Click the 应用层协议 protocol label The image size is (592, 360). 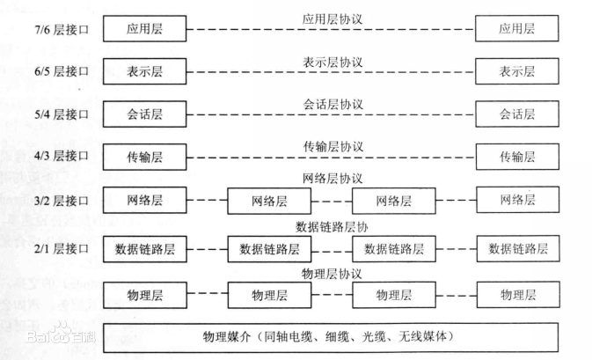[332, 18]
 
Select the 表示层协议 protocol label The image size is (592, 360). [332, 62]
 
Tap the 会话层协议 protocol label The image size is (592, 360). [332, 104]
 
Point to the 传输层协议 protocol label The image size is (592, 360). [332, 146]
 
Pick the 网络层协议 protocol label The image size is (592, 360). [332, 179]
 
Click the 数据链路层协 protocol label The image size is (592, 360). [332, 226]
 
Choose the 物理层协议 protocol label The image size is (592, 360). [332, 274]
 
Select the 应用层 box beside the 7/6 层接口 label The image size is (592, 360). [145, 29]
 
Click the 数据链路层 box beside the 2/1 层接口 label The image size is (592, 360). [145, 249]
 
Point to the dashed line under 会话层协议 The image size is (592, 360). [332, 114]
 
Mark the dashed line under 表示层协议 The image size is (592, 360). [332, 72]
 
